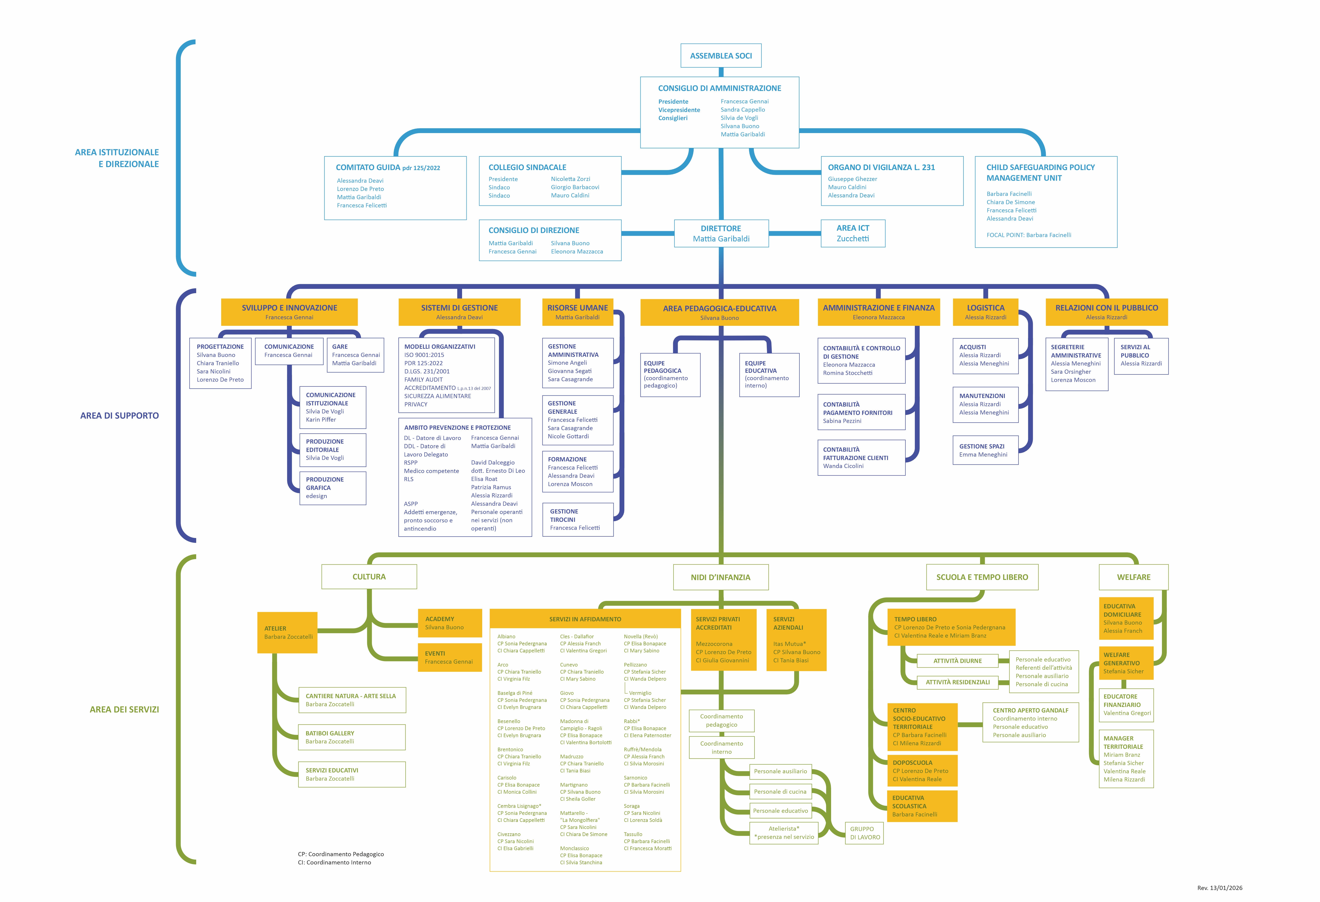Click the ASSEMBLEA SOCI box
[721, 56]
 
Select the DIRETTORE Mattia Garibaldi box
[721, 233]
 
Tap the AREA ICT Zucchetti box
[853, 233]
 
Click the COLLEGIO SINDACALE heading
[527, 168]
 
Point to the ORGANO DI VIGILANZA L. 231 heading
[881, 168]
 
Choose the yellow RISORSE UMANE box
[577, 312]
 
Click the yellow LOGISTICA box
[985, 312]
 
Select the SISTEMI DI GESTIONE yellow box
[459, 312]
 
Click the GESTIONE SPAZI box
[985, 451]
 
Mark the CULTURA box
[369, 576]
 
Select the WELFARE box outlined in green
[1133, 577]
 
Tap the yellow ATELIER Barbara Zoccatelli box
[287, 632]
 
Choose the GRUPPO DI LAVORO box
[864, 833]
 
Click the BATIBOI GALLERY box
[352, 737]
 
